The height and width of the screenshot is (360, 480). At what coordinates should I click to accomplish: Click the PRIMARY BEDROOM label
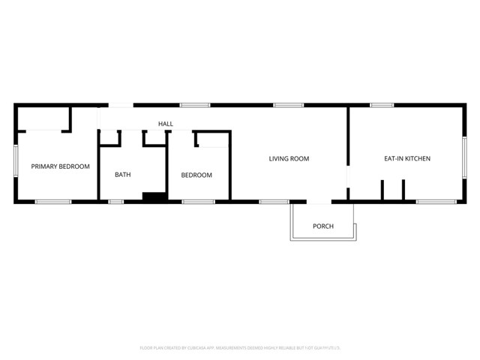tap(60, 166)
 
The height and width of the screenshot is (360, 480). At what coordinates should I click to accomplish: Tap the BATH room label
tap(123, 175)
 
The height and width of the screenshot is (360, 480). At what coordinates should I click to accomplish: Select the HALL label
tap(165, 124)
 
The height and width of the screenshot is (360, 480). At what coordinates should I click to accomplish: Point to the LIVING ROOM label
tap(289, 159)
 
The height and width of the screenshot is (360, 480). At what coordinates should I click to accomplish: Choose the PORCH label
tap(323, 226)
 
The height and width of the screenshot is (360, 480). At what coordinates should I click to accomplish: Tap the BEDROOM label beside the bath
tap(196, 175)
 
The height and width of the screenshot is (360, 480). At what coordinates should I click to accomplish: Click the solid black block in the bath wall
tap(154, 197)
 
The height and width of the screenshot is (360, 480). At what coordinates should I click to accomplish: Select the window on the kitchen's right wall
tap(464, 158)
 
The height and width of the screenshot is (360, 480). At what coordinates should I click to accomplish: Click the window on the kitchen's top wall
tap(382, 105)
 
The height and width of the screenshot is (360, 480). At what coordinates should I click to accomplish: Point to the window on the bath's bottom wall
tap(116, 201)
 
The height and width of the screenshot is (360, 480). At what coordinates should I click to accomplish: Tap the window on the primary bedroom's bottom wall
tap(53, 201)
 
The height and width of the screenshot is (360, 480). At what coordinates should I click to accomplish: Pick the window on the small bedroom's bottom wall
tap(199, 201)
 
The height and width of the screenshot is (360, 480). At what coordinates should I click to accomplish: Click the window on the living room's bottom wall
tap(274, 201)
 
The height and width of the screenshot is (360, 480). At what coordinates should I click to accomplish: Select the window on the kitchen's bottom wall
tap(436, 201)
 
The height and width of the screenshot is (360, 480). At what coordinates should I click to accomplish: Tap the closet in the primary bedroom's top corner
tap(43, 118)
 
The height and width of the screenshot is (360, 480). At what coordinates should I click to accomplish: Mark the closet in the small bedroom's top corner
tap(212, 139)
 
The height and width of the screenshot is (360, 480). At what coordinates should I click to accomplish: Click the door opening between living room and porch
tap(319, 201)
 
